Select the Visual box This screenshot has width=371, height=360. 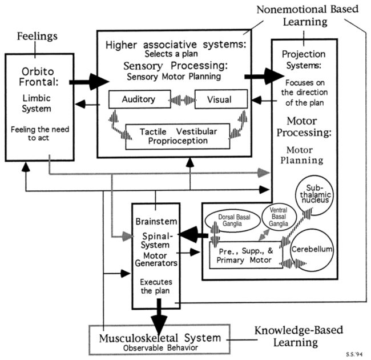pyautogui.click(x=221, y=99)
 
